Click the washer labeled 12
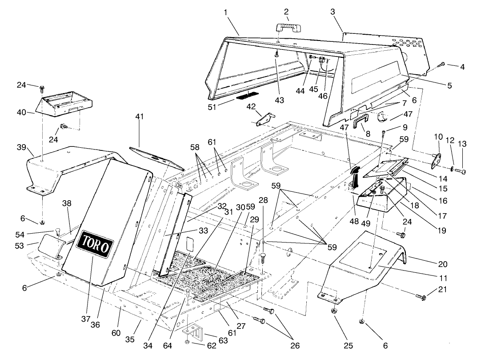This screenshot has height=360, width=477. pos(452,169)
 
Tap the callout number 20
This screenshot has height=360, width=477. pos(443,264)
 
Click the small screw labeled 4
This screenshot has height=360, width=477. pos(442,65)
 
